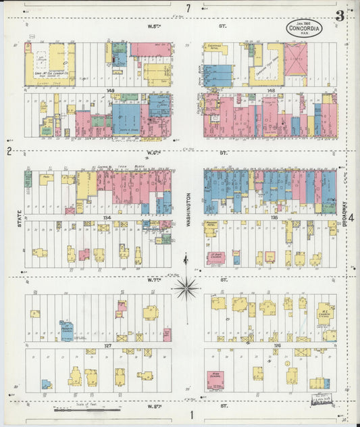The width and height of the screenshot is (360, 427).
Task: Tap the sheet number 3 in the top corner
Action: click(x=340, y=15)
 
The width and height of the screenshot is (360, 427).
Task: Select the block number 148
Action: click(x=271, y=90)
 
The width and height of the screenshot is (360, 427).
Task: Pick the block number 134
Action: click(x=107, y=218)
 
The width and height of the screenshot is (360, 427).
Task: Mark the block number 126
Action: click(x=277, y=345)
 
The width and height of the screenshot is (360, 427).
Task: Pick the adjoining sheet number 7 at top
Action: click(x=189, y=8)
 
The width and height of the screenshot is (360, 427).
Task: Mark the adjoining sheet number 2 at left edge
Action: click(x=9, y=151)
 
